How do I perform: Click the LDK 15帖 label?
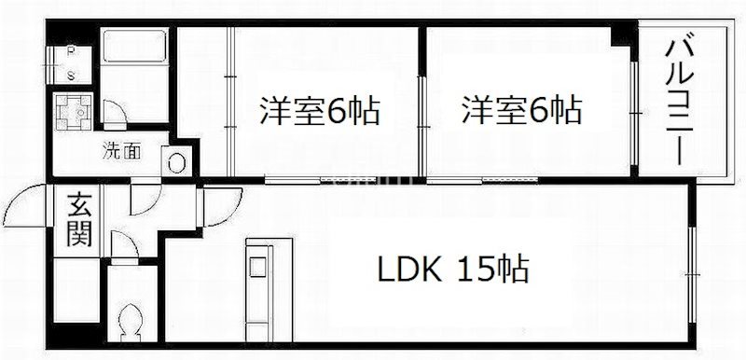453,271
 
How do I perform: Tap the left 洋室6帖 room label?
318,112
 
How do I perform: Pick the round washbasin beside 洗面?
177,160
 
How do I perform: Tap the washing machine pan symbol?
72,113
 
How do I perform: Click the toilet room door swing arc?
124,246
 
